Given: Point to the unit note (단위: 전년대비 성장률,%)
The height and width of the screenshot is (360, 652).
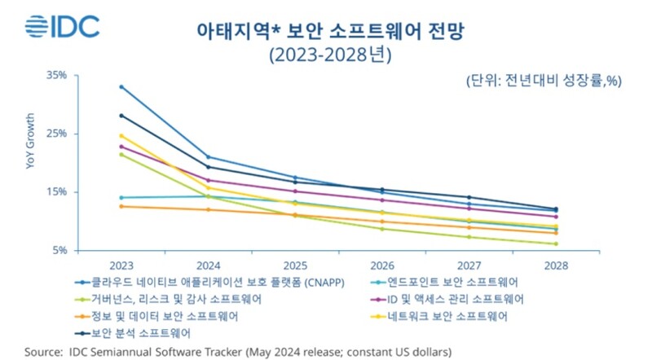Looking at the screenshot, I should point(544,81).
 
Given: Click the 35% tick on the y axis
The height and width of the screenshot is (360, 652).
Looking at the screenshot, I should point(56,75).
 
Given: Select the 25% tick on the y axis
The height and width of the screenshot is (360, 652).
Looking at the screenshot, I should point(56,134).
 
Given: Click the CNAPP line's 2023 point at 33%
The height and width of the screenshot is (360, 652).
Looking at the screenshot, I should point(121,86).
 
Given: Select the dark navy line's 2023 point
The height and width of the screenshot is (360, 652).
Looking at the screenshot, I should point(121,115).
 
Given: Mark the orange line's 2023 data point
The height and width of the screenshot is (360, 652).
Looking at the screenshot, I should point(121,206).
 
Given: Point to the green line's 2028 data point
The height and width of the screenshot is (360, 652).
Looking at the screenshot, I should point(556,244).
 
